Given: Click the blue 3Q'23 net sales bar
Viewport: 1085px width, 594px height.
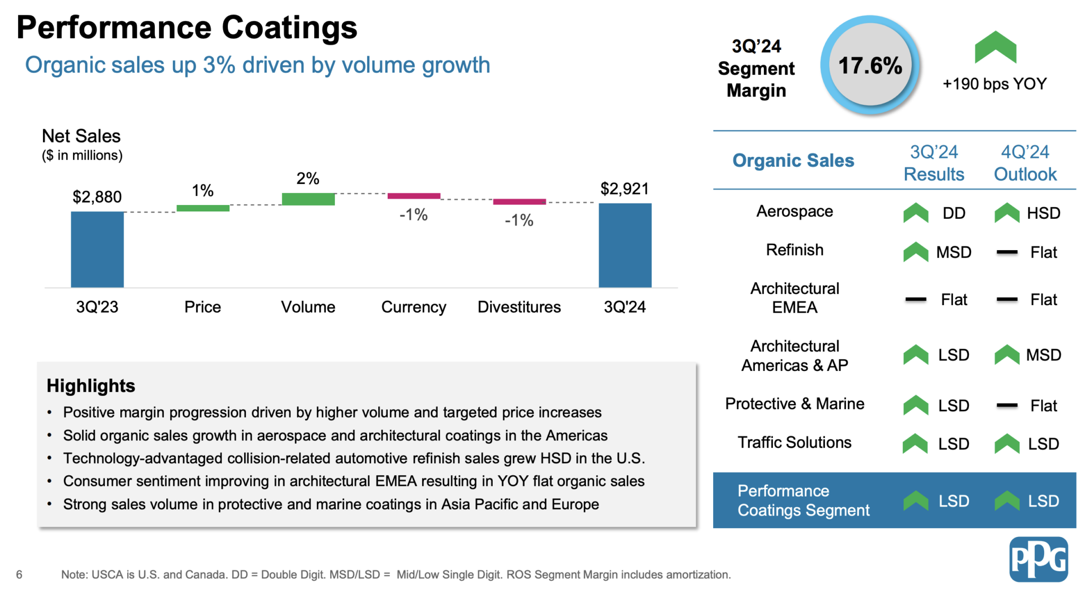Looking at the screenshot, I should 97,249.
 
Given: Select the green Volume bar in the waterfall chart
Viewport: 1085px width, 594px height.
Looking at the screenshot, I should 308,199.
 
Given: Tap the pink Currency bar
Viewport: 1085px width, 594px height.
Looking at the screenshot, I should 414,196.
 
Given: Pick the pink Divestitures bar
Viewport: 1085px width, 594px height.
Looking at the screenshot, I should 519,201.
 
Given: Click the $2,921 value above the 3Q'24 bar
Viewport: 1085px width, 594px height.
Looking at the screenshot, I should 624,189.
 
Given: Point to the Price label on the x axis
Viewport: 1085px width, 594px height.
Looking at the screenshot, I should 202,307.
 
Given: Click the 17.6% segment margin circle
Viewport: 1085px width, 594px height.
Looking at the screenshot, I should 870,66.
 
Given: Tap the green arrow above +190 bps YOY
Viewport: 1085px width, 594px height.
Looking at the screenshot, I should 995,48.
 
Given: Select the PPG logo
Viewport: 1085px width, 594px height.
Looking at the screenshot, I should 1038,559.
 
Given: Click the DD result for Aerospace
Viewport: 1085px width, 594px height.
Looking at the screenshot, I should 954,213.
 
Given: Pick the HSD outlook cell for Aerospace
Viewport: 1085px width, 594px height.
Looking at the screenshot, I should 1043,213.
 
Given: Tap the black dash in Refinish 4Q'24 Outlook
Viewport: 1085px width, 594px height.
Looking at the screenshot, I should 1007,252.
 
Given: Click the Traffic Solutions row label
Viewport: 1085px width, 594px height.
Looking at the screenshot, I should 794,442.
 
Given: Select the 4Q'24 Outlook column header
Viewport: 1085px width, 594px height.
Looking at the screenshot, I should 1025,163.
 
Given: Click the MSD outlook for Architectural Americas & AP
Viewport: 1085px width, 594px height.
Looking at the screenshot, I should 1043,354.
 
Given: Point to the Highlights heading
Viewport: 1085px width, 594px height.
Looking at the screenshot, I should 91,385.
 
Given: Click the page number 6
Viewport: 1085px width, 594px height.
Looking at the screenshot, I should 19,574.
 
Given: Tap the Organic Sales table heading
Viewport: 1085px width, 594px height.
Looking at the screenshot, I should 793,160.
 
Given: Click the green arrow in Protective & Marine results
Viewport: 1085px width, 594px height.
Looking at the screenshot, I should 915,405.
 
